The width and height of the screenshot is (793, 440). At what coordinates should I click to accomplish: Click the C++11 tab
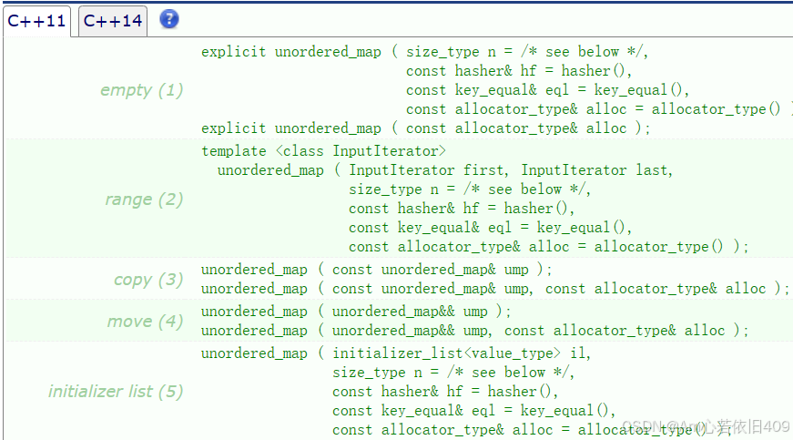[37, 21]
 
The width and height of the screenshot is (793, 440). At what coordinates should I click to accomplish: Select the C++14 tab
[113, 21]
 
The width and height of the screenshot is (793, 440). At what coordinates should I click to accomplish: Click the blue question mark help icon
[169, 19]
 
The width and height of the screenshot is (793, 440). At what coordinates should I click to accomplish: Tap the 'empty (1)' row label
[141, 90]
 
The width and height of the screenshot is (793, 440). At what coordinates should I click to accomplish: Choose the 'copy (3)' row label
[148, 280]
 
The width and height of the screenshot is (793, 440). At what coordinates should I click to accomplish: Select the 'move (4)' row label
[145, 322]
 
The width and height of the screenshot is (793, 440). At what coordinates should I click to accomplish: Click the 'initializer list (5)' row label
[116, 392]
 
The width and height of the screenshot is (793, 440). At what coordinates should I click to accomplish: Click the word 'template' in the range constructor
[234, 150]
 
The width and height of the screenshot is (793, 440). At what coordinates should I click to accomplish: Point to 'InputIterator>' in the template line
[390, 150]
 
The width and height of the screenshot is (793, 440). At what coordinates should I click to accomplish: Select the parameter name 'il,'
[579, 353]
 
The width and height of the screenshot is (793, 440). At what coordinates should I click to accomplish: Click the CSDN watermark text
[706, 426]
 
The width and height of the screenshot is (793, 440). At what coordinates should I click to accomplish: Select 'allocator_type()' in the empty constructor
[717, 109]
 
